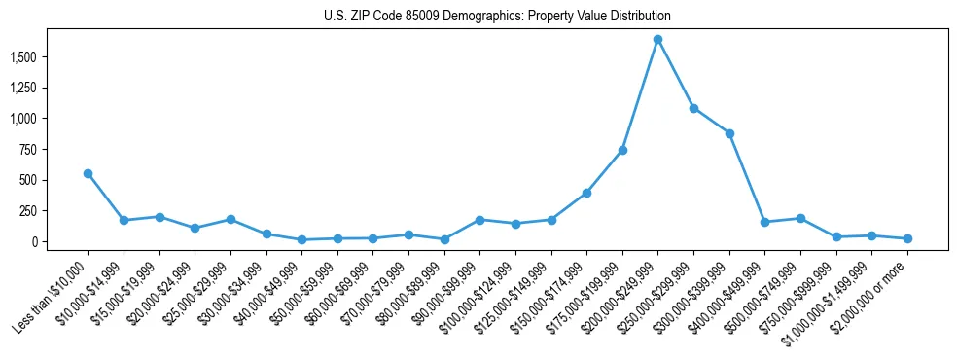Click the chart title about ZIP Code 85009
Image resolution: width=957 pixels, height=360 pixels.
coord(497,17)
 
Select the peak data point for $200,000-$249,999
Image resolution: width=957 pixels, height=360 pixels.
coord(657,40)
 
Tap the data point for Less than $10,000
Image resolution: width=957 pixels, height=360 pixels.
coord(88,173)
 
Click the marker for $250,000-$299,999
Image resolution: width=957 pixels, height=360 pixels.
coord(693,108)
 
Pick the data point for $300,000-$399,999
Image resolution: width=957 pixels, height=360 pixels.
coord(729,133)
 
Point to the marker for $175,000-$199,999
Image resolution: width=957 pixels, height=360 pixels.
coord(622,150)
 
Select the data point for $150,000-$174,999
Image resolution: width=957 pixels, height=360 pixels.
coord(586,193)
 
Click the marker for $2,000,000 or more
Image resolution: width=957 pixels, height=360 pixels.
coord(907,238)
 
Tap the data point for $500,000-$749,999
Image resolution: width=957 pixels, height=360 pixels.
coord(800,218)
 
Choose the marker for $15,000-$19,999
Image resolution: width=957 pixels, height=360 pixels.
coord(159,217)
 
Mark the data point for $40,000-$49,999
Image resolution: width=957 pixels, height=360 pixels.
coord(301,239)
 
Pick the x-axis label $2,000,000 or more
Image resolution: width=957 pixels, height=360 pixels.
coord(871,293)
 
